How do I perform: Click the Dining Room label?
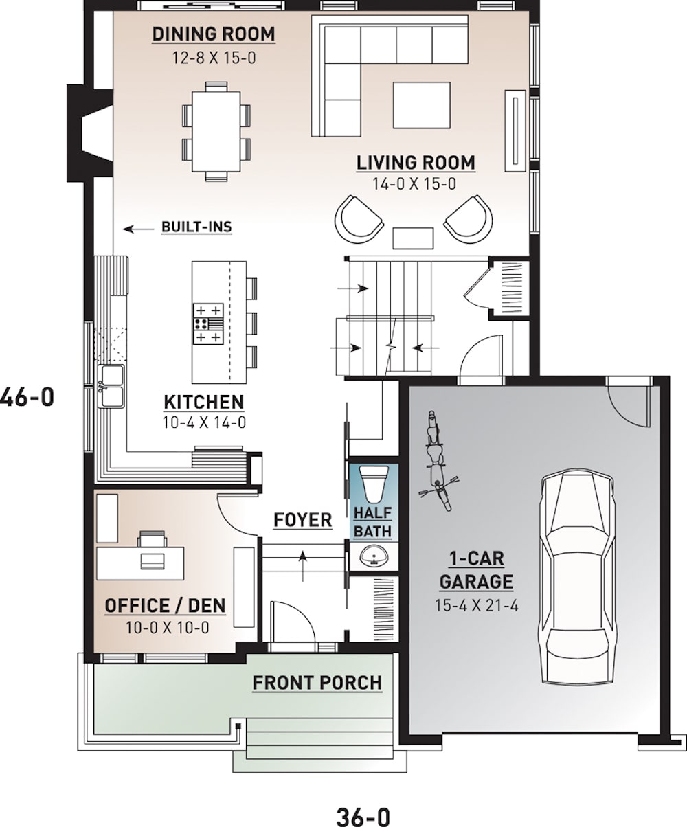214,34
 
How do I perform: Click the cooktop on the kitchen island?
208,324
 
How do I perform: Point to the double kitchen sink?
111,386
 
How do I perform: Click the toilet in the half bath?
374,484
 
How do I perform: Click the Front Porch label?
317,683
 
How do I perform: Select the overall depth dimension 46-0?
26,397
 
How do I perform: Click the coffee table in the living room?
421,105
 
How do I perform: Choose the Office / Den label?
165,606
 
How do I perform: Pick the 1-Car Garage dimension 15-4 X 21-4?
476,605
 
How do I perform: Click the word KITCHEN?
203,402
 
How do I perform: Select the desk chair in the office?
153,539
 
